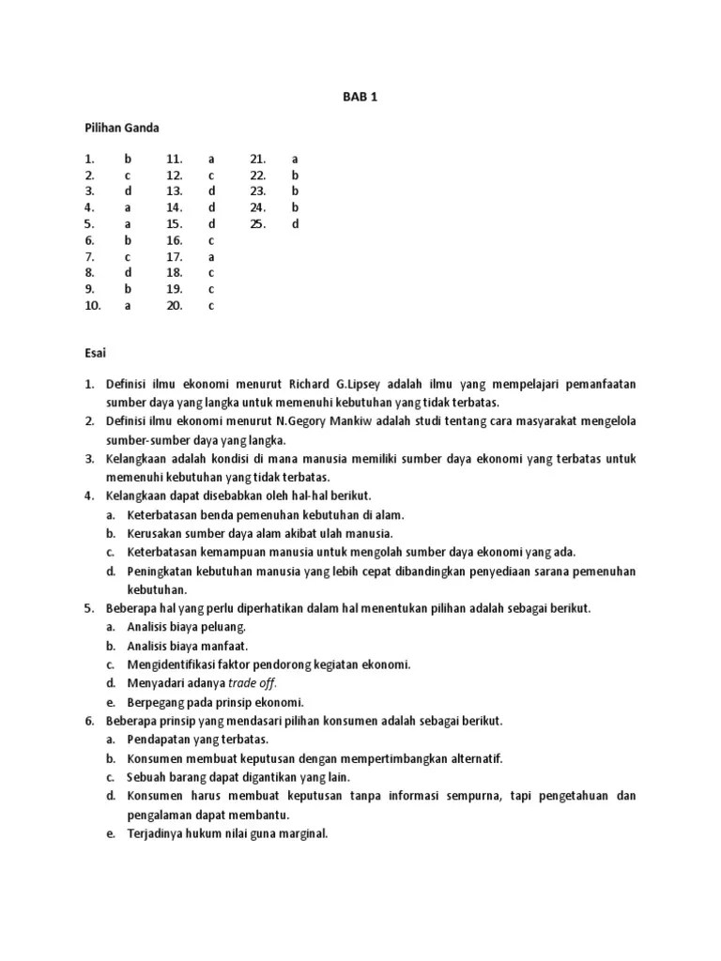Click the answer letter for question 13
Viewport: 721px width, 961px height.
click(211, 191)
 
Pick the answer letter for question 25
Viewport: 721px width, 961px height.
click(295, 223)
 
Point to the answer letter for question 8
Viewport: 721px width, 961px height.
click(128, 272)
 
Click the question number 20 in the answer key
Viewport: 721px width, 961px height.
click(174, 305)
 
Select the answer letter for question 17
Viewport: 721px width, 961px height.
click(211, 256)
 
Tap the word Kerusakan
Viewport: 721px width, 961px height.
click(157, 533)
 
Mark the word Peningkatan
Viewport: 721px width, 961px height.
click(162, 571)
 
